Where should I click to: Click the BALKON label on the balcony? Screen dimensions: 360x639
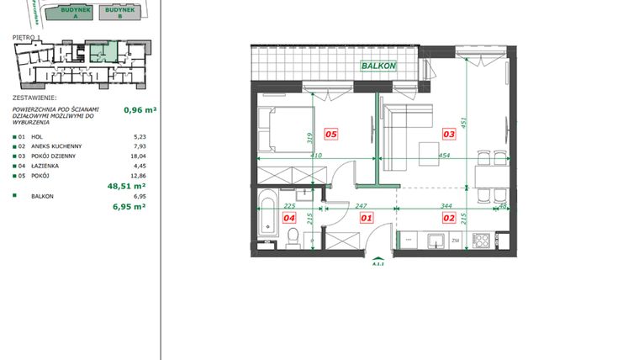click(378, 66)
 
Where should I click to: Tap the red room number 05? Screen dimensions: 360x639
click(331, 134)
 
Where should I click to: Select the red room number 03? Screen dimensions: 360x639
click(449, 134)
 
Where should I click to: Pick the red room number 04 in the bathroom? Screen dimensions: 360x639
click(289, 218)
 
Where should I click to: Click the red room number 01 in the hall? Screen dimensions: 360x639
click(366, 218)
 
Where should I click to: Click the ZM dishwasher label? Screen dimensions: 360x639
click(455, 241)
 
